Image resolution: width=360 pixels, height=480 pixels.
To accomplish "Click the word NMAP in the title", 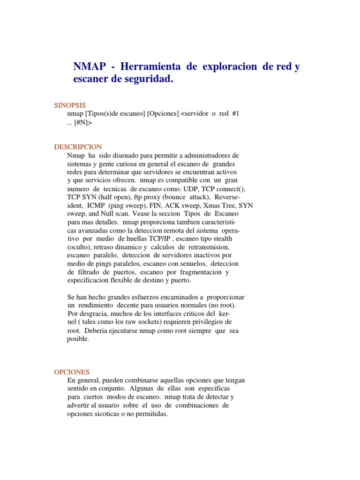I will [x=89, y=67].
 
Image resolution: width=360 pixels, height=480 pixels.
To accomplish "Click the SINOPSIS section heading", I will [x=70, y=105].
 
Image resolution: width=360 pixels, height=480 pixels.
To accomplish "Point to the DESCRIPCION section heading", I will [x=78, y=147].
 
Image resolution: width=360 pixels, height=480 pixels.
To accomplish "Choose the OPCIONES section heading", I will [x=72, y=372].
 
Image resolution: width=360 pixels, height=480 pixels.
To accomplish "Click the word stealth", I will [x=223, y=239].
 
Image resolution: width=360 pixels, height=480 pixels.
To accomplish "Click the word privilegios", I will [x=204, y=322].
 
